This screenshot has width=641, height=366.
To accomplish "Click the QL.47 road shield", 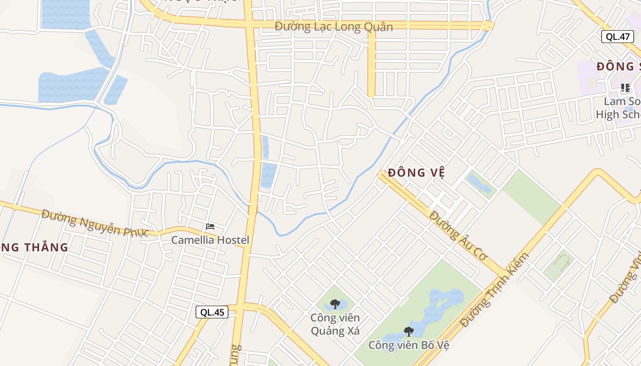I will [617, 37].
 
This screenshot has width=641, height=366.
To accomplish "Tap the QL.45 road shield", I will [212, 312].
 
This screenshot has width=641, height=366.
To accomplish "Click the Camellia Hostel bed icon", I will [210, 226].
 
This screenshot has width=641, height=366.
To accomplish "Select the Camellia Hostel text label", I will [210, 240].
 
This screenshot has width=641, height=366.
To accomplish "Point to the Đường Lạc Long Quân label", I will [333, 27].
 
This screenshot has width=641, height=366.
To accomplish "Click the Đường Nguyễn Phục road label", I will [95, 223].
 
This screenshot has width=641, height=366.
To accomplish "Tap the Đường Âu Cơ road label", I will [458, 236].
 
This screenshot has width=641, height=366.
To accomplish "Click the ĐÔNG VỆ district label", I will [416, 173].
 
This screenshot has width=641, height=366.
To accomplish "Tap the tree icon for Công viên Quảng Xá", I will [335, 304].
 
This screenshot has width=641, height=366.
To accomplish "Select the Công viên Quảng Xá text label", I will [335, 324].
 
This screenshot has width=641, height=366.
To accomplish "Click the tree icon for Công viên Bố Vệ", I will [408, 331].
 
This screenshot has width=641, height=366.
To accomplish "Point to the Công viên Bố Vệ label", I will [408, 345].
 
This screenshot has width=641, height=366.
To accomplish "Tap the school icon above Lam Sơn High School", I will [625, 87].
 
